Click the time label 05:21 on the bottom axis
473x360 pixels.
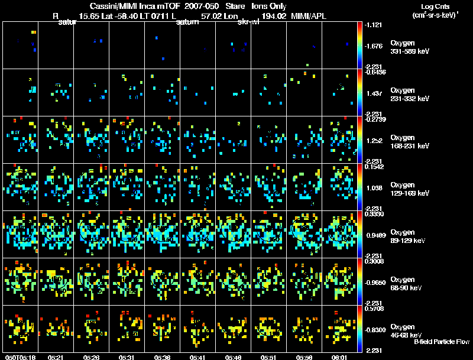point(56,357)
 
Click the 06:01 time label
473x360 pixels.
point(339,357)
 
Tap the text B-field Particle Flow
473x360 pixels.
point(442,342)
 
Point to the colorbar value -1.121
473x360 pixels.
point(376,25)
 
